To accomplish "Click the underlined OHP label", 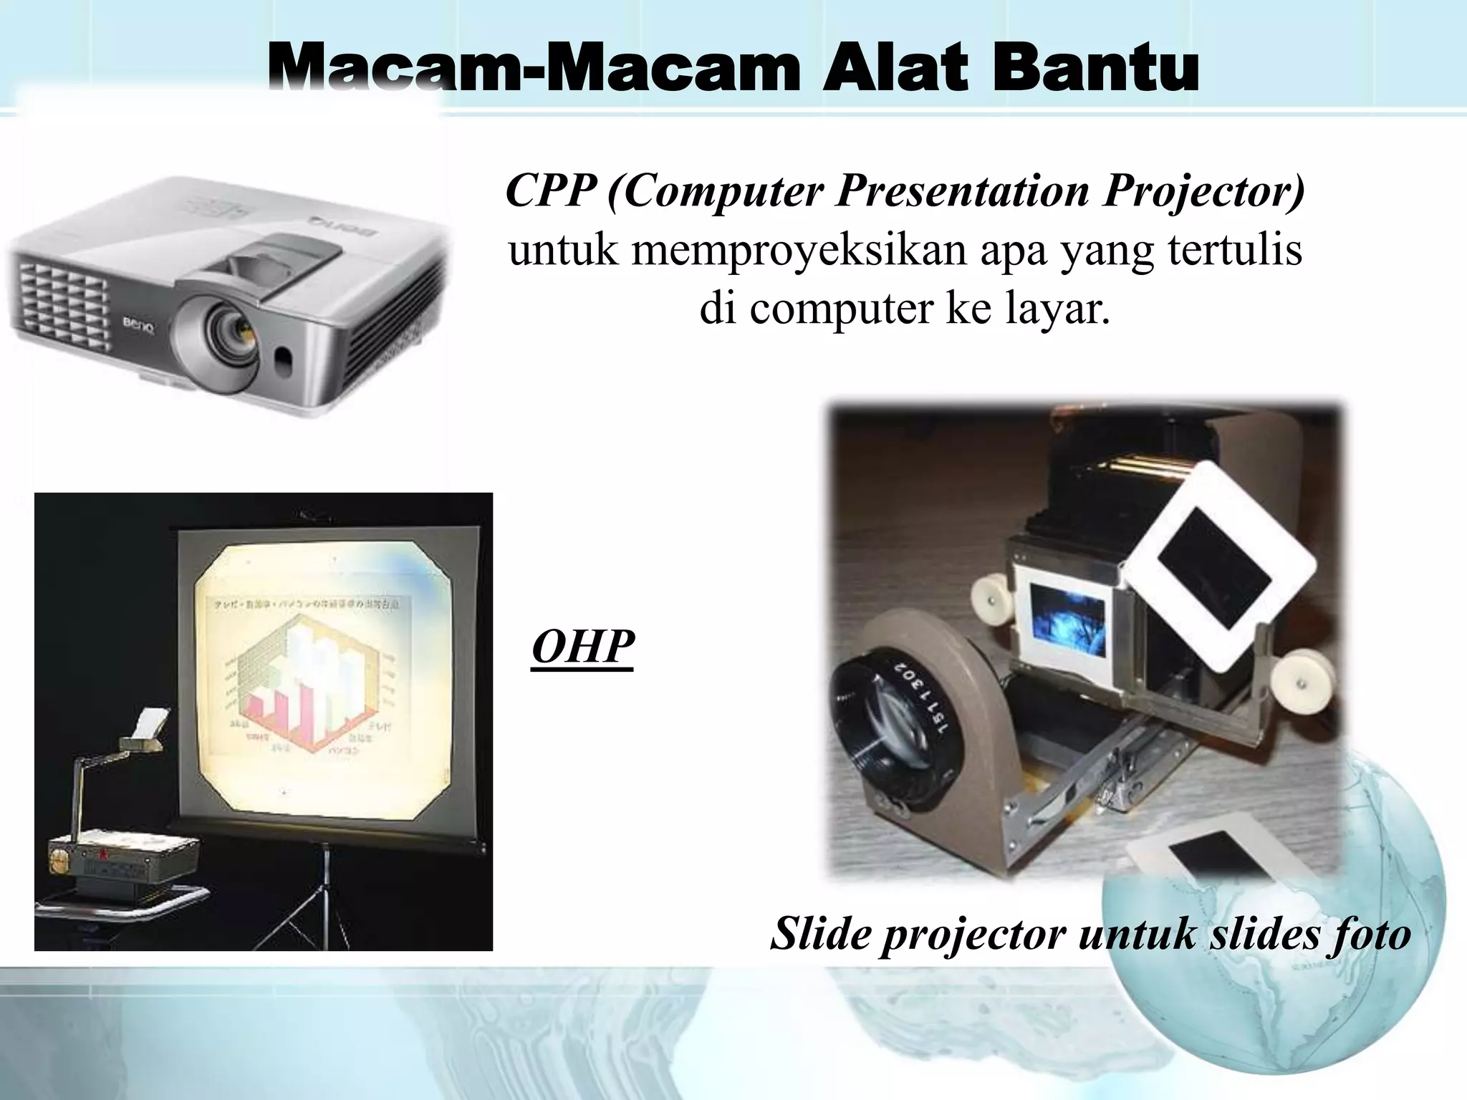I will pos(582,647).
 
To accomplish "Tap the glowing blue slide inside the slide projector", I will pos(1061,620).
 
